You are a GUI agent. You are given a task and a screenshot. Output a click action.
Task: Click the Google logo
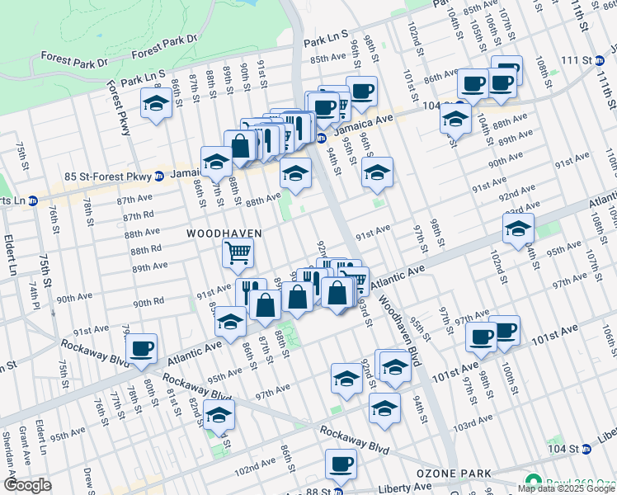click(28, 485)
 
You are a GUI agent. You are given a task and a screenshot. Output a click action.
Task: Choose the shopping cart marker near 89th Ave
click(238, 254)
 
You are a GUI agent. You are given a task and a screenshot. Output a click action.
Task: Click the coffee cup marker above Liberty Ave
click(340, 464)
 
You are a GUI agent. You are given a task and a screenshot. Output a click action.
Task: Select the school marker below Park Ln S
click(155, 104)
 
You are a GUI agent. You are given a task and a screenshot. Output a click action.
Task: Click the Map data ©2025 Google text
click(566, 488)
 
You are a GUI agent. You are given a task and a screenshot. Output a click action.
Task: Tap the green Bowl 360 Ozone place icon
click(533, 481)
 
